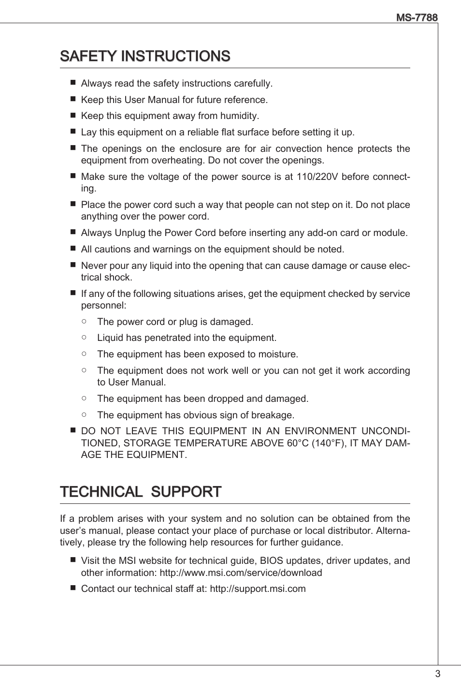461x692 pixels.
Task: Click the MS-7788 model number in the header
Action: [417, 18]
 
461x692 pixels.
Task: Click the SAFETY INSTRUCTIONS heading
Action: [145, 56]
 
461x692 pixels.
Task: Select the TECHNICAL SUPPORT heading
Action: [141, 491]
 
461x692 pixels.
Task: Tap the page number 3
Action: [437, 674]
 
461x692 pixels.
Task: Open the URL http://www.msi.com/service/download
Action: [241, 573]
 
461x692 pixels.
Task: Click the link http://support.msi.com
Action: [258, 589]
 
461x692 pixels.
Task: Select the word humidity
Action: [239, 116]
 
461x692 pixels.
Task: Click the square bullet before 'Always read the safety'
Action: [73, 83]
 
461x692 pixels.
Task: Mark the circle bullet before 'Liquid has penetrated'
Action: [84, 338]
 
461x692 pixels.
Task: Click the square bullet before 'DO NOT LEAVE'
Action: [73, 430]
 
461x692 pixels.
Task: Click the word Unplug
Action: [130, 233]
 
